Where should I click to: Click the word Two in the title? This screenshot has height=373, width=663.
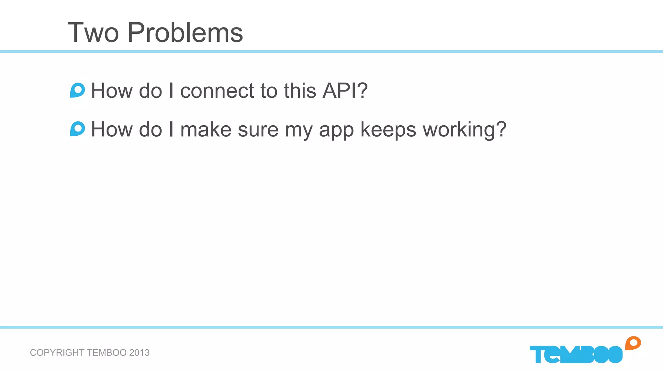(x=93, y=33)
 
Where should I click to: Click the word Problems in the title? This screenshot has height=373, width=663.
(x=185, y=33)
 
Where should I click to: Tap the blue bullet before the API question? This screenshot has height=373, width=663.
(x=77, y=90)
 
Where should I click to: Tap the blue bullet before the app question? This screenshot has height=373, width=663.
(x=77, y=129)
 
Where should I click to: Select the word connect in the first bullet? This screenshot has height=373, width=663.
(x=217, y=91)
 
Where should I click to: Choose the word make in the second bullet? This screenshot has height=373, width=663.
(x=206, y=130)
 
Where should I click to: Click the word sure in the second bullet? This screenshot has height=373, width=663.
(x=258, y=130)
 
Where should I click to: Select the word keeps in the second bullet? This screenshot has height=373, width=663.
(x=388, y=130)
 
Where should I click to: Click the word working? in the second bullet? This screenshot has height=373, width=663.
(x=465, y=130)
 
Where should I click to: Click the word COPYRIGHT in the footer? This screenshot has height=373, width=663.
(x=57, y=353)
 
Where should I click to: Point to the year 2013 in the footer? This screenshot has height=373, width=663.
(x=139, y=353)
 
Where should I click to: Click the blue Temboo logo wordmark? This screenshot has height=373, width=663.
(x=576, y=354)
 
